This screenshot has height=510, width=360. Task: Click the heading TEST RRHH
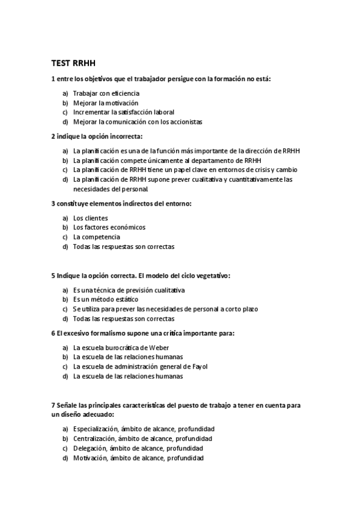click(73, 63)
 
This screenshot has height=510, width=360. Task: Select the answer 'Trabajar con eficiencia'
click(106, 93)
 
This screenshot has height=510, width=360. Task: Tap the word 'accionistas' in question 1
click(186, 121)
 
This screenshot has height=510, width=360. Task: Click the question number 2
click(53, 136)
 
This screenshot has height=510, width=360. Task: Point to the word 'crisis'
click(258, 170)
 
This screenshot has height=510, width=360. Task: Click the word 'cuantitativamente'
click(249, 179)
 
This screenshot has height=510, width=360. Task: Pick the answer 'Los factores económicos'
click(109, 227)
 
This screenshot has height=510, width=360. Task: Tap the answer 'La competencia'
click(96, 237)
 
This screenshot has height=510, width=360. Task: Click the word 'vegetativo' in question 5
click(211, 275)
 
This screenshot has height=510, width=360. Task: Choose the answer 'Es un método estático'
click(105, 300)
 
